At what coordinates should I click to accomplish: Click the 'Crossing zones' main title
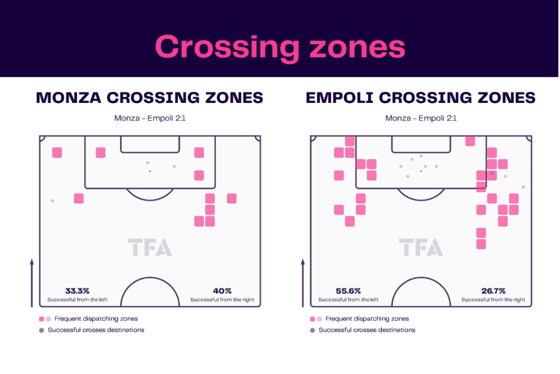click(280, 47)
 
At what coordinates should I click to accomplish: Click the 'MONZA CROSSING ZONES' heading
click(150, 97)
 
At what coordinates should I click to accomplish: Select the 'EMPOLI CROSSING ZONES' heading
click(421, 97)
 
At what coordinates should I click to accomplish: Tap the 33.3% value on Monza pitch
click(77, 291)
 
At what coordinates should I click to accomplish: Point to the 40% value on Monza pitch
click(222, 291)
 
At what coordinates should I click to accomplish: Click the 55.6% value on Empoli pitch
click(348, 291)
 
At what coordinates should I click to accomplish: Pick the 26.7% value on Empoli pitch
click(493, 291)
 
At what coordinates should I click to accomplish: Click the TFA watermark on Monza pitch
click(150, 247)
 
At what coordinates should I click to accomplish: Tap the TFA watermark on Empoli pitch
click(421, 247)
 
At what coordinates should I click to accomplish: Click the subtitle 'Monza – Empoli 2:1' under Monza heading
click(150, 118)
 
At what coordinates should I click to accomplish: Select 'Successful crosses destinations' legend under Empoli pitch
click(367, 330)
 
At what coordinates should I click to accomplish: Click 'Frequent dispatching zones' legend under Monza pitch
click(96, 319)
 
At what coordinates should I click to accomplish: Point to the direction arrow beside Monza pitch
click(32, 283)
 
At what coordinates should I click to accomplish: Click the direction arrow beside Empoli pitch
click(303, 283)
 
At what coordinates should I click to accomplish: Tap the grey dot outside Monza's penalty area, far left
click(52, 200)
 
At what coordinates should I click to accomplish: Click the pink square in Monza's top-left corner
click(57, 153)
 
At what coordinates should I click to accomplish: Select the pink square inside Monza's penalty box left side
click(101, 153)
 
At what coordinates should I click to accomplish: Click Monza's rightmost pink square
click(232, 198)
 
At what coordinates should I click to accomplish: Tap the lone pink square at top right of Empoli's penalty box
click(470, 141)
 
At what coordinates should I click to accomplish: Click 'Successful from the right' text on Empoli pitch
click(493, 300)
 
